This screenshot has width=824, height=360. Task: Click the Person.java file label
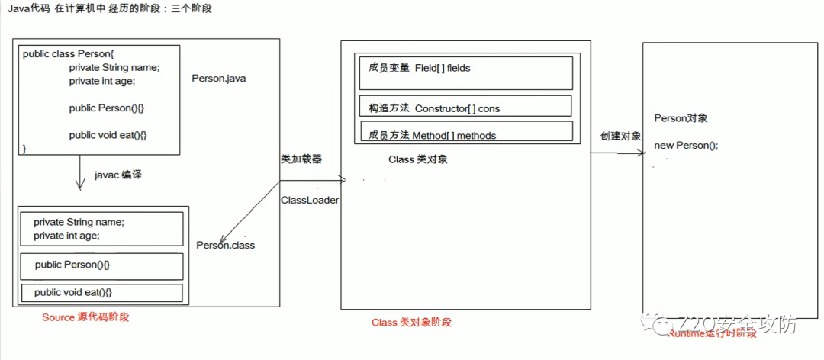[218, 78]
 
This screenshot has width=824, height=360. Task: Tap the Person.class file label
[225, 245]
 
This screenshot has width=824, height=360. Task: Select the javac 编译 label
[118, 175]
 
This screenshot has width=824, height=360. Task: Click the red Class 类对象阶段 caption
[411, 322]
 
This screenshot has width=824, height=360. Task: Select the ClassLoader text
[310, 200]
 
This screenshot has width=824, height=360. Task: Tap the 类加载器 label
[301, 159]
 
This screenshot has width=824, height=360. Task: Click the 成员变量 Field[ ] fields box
[465, 72]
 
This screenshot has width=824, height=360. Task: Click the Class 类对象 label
[417, 159]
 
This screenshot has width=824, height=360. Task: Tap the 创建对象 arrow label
[620, 136]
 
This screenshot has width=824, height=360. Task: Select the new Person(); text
[686, 146]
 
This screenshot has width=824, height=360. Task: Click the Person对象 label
[681, 118]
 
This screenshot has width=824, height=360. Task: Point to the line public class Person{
[68, 53]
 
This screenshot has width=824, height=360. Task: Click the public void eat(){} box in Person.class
[101, 293]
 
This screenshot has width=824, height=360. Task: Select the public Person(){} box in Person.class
[101, 265]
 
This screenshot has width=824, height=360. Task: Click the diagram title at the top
[110, 8]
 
